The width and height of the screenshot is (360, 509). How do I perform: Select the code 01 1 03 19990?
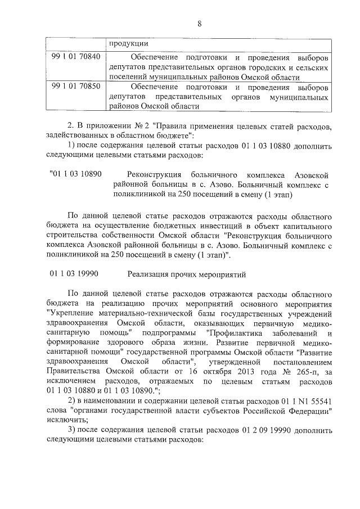tap(75, 274)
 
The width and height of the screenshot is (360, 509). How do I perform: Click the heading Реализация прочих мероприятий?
tap(188, 274)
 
